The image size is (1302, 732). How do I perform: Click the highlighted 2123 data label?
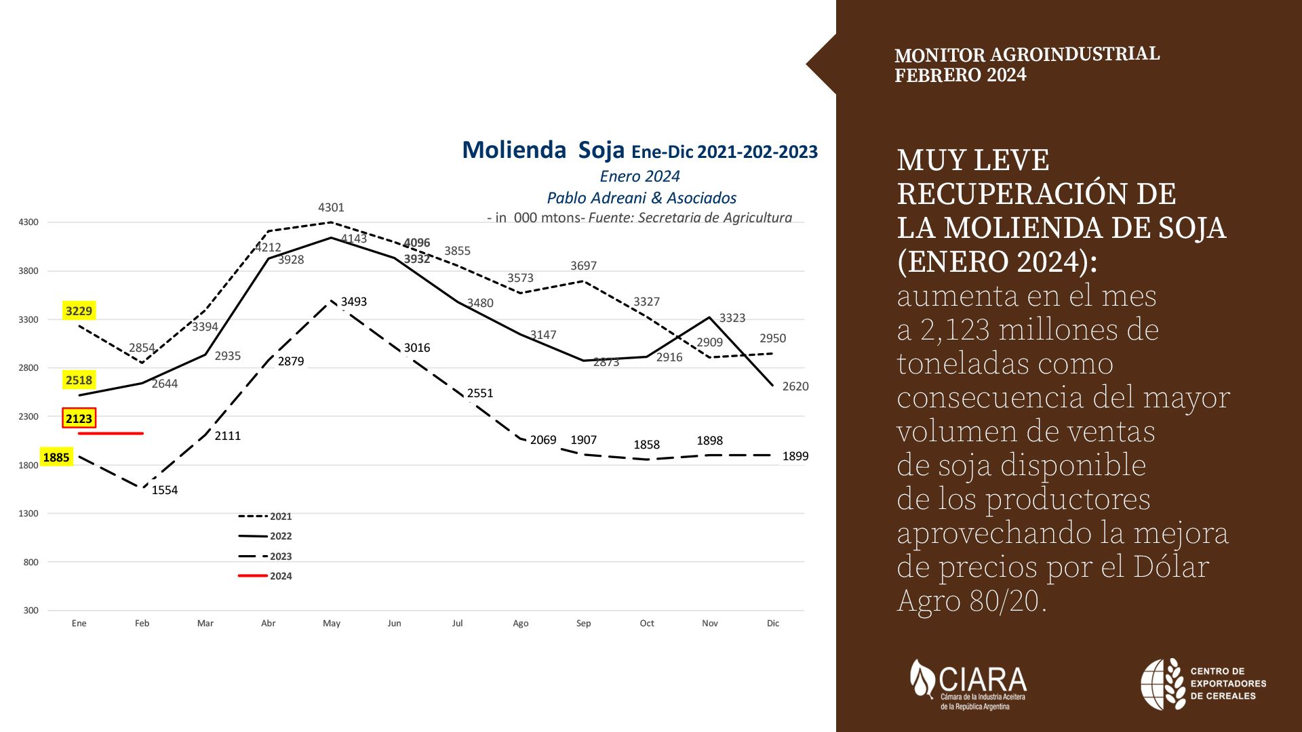coord(79,418)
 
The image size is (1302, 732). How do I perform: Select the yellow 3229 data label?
coord(79,311)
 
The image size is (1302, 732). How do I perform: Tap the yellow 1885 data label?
coord(56,457)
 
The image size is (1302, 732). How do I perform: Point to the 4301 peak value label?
coord(331,207)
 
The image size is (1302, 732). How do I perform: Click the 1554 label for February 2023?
coord(164,490)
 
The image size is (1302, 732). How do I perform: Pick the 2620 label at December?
coord(795,386)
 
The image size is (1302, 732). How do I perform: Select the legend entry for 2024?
coord(265,576)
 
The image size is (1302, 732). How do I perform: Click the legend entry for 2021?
coord(265,516)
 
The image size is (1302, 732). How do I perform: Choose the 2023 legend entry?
coord(265,556)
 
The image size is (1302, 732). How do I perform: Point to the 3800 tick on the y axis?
coord(28,271)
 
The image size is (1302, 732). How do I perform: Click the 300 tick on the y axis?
coord(31,611)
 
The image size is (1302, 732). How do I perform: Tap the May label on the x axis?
coord(331,624)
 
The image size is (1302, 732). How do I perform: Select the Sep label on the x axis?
coord(583,624)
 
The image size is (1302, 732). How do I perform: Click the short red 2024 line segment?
coord(111,433)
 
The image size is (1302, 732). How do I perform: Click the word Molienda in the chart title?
coord(514,150)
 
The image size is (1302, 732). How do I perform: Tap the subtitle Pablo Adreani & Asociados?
coord(641,198)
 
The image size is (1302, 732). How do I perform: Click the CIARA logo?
coord(968,684)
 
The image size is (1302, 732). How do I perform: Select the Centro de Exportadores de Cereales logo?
coord(1203,684)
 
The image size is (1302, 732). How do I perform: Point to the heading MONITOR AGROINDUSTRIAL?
coord(1027,54)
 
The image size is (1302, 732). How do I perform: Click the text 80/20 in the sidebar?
coord(1004,601)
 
